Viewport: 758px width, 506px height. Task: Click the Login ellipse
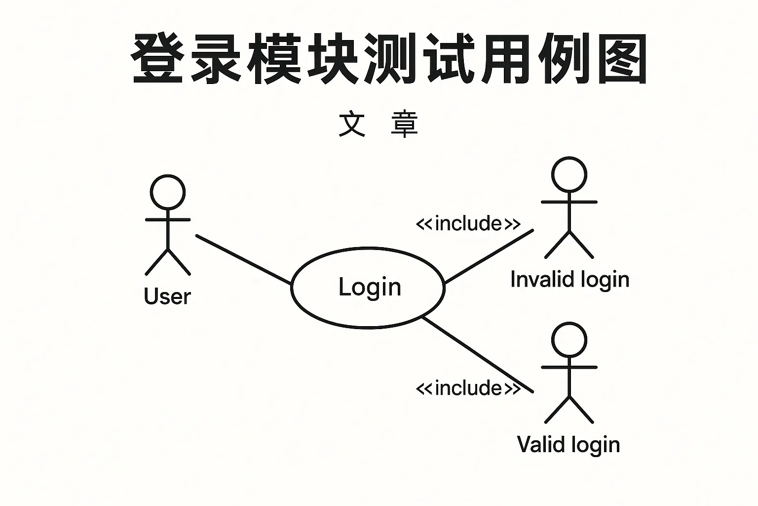click(x=368, y=288)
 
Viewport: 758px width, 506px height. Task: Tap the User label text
click(x=167, y=296)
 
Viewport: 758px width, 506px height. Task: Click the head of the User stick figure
click(x=168, y=192)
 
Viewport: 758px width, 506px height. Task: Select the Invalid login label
click(x=569, y=280)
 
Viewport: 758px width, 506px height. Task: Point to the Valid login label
click(x=568, y=444)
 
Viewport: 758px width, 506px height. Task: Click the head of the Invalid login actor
click(x=569, y=174)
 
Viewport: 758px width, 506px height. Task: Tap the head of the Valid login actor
click(x=569, y=339)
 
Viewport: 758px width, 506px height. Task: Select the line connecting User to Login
click(x=243, y=259)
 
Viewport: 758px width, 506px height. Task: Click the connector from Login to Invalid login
click(x=489, y=256)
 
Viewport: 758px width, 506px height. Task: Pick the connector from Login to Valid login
click(x=478, y=355)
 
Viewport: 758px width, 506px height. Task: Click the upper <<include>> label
click(x=468, y=224)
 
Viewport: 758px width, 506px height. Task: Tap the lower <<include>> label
click(x=468, y=388)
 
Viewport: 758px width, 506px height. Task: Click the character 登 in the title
click(x=157, y=59)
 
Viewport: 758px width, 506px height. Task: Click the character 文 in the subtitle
click(x=352, y=124)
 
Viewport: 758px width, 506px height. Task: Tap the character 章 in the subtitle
click(x=404, y=124)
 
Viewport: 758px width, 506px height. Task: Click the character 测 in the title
click(x=389, y=59)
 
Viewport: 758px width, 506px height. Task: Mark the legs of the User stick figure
click(x=168, y=262)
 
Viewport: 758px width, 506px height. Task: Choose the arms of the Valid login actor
click(x=569, y=367)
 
